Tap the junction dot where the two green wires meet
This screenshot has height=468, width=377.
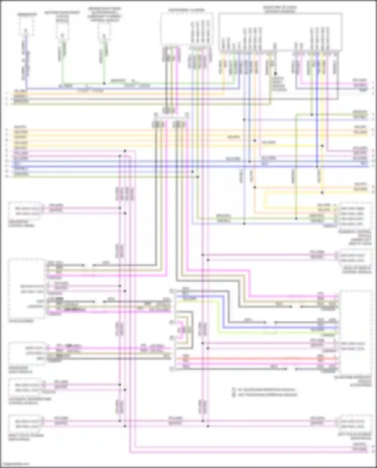tap(104, 83)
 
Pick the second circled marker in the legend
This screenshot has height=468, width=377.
tap(233, 395)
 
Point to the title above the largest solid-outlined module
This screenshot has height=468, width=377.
tap(280, 10)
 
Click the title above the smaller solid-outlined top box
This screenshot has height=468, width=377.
tap(186, 10)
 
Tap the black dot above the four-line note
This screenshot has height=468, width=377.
tap(275, 74)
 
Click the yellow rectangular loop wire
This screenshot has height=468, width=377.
tap(264, 200)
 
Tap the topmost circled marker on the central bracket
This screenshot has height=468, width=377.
tap(171, 291)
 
